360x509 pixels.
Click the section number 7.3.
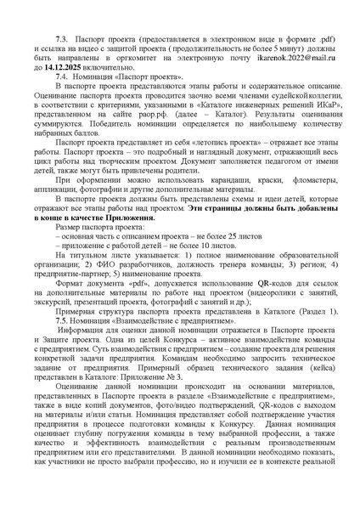61,40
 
